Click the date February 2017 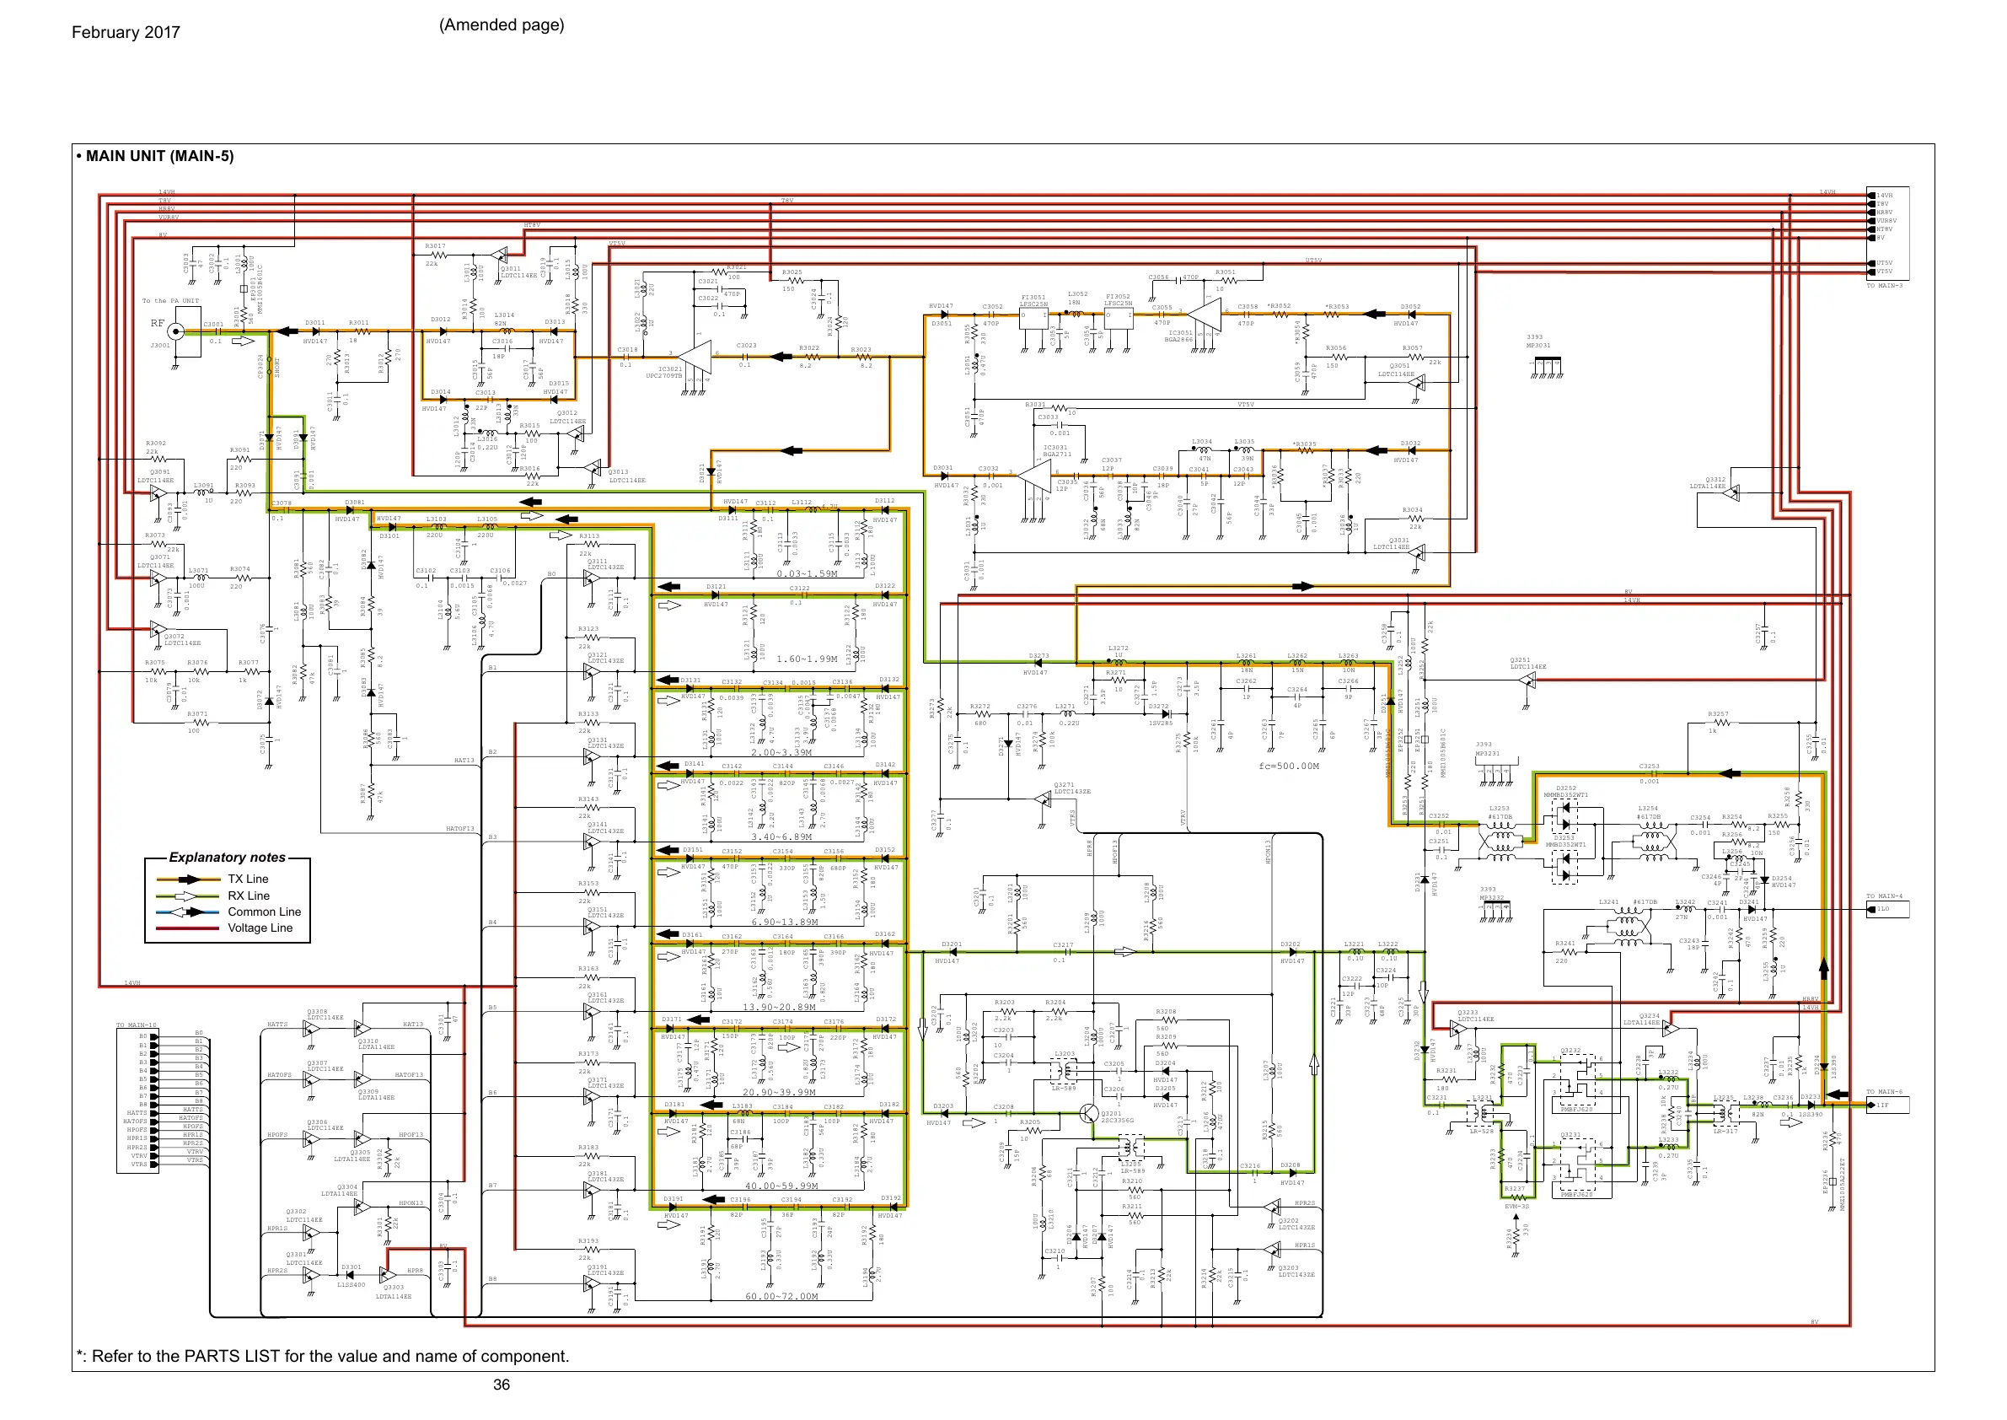126,32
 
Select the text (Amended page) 501,24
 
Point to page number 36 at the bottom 501,1384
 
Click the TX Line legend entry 249,879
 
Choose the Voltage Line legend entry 260,928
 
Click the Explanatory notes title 228,858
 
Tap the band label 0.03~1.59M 807,573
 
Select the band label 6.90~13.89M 784,922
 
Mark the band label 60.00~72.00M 781,1296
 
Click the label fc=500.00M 1289,766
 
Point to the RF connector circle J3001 175,331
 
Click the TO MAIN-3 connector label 1885,286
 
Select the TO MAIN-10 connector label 137,1025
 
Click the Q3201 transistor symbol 1088,1113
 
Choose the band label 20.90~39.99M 778,1092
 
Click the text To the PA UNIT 170,301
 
